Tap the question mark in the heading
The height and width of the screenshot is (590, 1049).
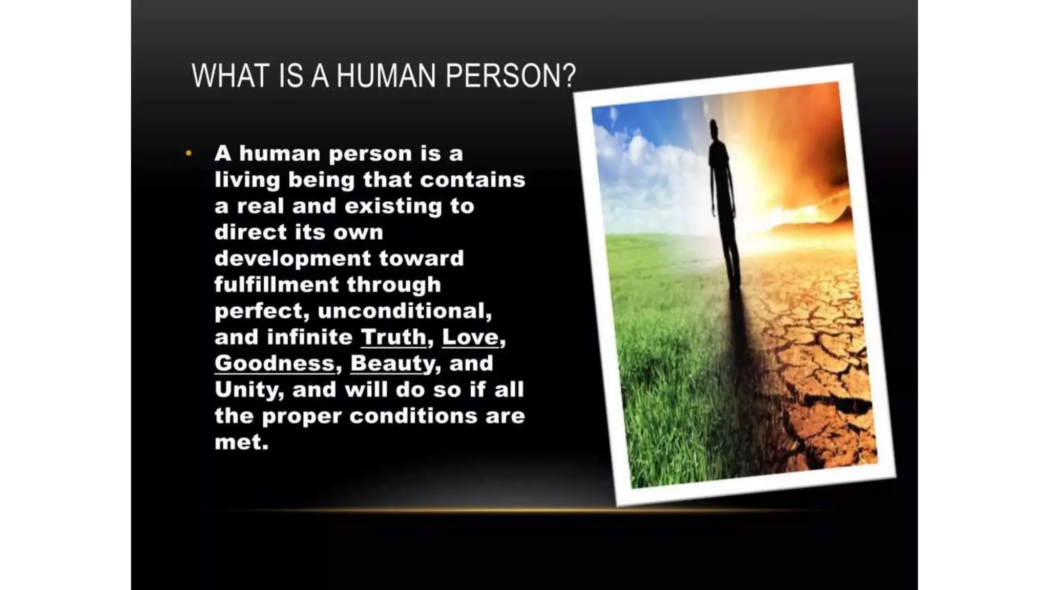click(569, 76)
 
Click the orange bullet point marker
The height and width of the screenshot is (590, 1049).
click(189, 153)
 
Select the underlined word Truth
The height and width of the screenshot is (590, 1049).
click(393, 337)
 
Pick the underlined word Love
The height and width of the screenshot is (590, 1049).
click(470, 337)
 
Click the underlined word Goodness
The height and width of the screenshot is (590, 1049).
click(275, 363)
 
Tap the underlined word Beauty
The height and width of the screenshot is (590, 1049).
click(392, 363)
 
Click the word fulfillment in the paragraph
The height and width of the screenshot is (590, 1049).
click(276, 284)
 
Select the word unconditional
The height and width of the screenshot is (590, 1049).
click(402, 311)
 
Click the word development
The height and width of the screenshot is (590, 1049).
click(292, 258)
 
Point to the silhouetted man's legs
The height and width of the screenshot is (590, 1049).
click(730, 246)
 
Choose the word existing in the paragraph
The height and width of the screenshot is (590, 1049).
click(393, 206)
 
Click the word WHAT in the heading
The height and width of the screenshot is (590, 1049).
click(230, 76)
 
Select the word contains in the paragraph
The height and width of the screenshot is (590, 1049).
click(472, 180)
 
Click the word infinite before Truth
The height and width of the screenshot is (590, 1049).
click(309, 337)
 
